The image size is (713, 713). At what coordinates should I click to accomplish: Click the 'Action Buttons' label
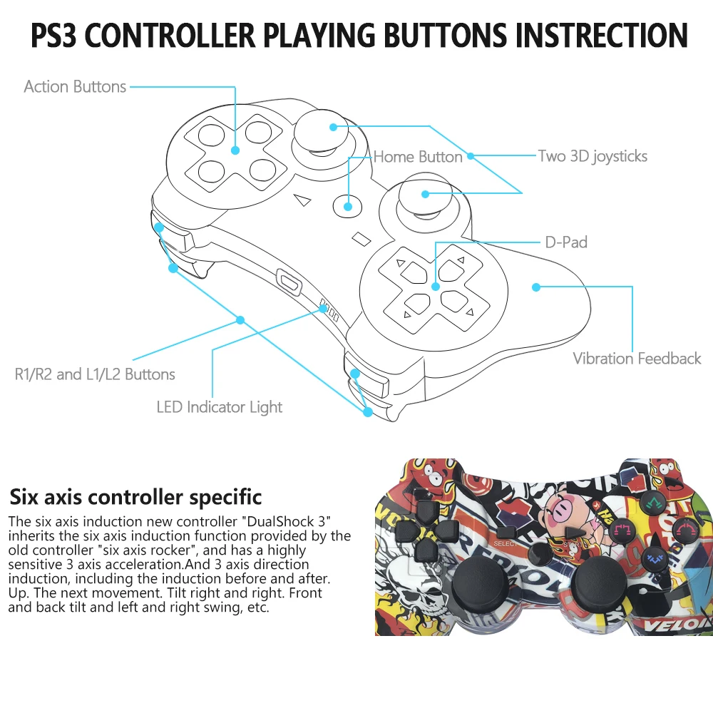tap(75, 87)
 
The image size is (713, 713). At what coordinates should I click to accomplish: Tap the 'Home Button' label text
tap(418, 157)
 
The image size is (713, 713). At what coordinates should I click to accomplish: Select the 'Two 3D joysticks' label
tap(593, 156)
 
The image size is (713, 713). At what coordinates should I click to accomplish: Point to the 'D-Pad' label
tap(566, 242)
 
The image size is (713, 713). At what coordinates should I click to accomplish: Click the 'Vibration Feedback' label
tap(637, 359)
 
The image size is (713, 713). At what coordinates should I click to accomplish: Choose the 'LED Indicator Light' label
tap(220, 407)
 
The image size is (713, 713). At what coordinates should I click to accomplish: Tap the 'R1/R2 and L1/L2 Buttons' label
tap(95, 374)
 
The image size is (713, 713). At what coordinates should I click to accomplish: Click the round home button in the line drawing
tap(348, 206)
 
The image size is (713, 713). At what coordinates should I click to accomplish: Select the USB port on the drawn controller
tap(289, 280)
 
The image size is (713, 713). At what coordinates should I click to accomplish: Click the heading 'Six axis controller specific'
tap(135, 497)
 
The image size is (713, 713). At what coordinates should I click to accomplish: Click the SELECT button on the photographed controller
tap(506, 532)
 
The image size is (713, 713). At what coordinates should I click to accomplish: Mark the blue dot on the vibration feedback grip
tap(536, 287)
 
